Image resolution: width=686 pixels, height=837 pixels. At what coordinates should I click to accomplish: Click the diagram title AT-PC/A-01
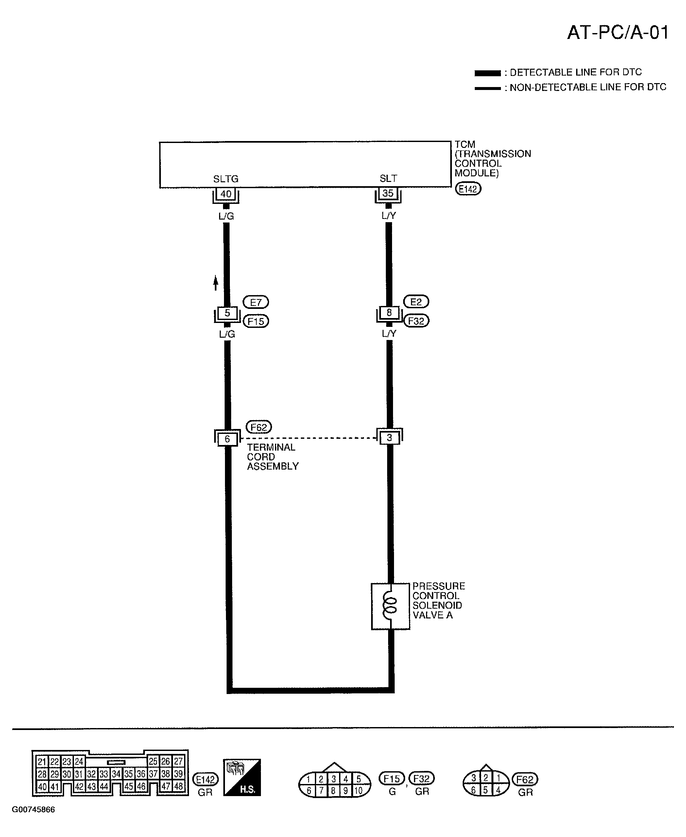pos(618,32)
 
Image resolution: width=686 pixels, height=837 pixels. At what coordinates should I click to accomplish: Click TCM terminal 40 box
pos(226,194)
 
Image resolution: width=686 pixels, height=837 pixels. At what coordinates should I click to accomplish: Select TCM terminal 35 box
pos(388,193)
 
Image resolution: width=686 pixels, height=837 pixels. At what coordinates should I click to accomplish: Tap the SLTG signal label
pos(226,179)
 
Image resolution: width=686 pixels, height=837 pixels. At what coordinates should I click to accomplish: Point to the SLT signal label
pos(388,179)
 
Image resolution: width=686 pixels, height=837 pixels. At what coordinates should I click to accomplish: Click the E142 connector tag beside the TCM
pos(468,189)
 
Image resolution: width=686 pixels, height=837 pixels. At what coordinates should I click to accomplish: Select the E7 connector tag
pos(256,302)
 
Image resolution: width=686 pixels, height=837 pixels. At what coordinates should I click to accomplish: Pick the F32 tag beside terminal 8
pos(416,321)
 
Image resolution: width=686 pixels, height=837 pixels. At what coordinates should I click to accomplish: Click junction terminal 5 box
pos(227,313)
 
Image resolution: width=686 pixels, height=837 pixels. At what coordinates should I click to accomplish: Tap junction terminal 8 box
pos(389,312)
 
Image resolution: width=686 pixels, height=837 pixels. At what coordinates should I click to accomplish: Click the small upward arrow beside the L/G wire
pos(215,283)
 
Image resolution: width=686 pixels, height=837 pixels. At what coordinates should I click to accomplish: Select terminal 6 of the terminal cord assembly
pos(227,439)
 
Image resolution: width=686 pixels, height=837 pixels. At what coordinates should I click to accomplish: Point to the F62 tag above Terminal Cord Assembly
pos(259,427)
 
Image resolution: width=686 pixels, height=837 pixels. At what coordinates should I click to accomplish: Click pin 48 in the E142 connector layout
pos(179,786)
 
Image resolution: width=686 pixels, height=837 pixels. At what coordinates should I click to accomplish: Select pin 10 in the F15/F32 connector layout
pos(358,790)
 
